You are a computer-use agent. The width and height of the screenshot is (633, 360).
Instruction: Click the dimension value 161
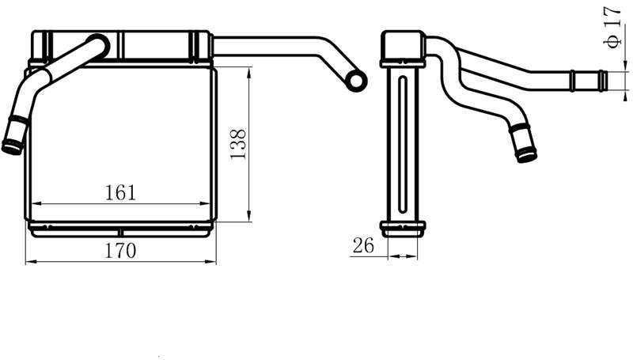click(120, 192)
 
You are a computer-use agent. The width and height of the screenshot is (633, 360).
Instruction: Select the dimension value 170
click(120, 251)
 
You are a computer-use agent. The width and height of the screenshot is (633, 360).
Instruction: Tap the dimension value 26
click(363, 246)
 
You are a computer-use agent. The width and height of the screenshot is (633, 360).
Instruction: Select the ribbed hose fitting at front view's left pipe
click(13, 137)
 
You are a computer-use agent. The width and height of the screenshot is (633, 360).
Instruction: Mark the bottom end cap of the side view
click(402, 229)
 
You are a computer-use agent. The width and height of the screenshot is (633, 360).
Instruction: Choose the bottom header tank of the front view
click(120, 229)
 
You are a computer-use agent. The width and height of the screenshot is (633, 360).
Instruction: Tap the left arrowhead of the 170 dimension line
click(29, 261)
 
